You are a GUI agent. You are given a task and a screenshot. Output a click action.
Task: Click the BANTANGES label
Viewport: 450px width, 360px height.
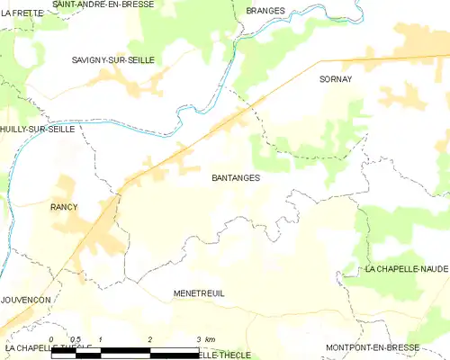click(x=236, y=178)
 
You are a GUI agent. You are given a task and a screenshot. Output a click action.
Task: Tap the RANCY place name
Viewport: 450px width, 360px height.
click(x=63, y=207)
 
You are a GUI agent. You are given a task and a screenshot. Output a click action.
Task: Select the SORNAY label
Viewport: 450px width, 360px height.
click(x=335, y=79)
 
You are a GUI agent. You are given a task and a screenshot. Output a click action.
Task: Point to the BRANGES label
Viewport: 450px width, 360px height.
click(x=265, y=11)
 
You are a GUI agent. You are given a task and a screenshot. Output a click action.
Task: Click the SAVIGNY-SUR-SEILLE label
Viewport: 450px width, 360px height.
click(x=113, y=59)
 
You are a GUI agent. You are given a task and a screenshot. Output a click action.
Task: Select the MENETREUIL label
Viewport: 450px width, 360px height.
click(x=199, y=294)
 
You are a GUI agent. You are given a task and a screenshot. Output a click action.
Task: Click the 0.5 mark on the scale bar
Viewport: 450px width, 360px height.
click(x=76, y=338)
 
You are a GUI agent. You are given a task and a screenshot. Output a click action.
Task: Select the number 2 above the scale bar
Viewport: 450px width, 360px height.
click(x=149, y=338)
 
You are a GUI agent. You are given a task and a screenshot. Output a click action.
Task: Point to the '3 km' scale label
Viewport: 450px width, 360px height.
click(x=204, y=338)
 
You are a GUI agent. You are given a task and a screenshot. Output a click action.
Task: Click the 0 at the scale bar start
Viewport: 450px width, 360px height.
click(x=52, y=338)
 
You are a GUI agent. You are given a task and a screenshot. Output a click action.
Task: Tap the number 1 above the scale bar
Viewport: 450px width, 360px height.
click(x=101, y=338)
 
